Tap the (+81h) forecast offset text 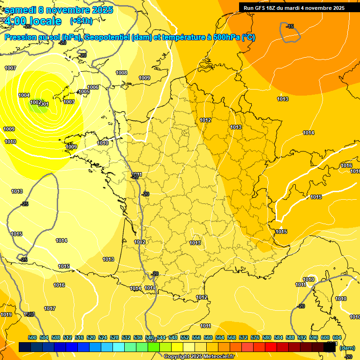coord(81,21)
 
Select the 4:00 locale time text coord(33,21)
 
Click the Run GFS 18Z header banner coord(294,7)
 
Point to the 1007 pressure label coord(10,68)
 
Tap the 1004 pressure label coord(24,95)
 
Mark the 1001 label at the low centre coord(43,104)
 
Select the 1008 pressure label coord(121,73)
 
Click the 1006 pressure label coord(93,87)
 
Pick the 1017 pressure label coord(50,308)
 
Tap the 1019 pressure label coord(6,315)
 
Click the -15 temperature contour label coord(290,26)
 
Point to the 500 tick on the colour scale coord(32,337)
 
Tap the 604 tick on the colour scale coord(337,337)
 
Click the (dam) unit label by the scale coord(347,348)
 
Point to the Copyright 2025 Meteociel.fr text coord(199,356)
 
